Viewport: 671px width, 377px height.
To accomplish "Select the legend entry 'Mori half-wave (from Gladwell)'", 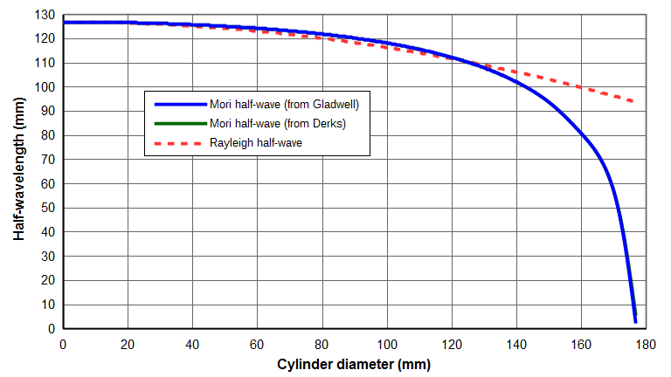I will [284, 104].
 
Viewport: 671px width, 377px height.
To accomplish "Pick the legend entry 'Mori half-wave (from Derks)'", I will [277, 123].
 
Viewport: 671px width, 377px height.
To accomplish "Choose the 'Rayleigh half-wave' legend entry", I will [255, 142].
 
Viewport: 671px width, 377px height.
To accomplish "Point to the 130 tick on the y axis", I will [47, 15].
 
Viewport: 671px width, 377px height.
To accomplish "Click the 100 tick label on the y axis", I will [47, 87].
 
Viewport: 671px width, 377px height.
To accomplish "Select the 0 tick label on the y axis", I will [52, 329].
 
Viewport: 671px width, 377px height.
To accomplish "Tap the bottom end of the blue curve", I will [635, 322].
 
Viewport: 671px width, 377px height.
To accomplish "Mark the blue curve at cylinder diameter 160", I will [581, 136].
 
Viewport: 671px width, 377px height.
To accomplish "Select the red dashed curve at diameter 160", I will [581, 87].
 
